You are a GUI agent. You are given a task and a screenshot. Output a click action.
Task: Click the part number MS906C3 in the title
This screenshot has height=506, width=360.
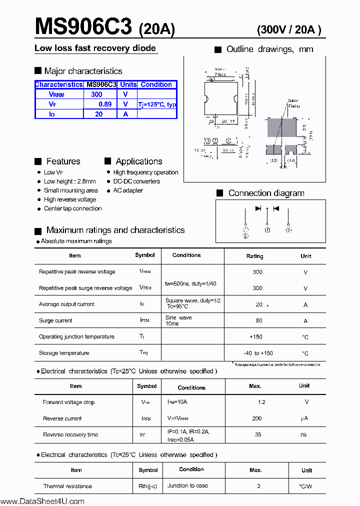tap(83, 26)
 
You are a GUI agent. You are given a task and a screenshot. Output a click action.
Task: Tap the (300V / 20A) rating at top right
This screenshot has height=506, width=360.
tap(289, 30)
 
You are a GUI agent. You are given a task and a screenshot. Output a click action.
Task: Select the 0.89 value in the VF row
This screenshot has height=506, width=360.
tap(105, 104)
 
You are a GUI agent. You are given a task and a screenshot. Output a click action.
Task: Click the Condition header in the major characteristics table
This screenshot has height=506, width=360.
tap(156, 84)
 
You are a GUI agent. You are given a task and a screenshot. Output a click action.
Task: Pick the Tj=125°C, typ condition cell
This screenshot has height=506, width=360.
tap(157, 104)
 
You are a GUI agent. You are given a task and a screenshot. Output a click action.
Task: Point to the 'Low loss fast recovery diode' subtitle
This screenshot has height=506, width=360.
tap(95, 48)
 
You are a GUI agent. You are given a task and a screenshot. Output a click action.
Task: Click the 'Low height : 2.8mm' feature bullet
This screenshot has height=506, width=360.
tap(69, 181)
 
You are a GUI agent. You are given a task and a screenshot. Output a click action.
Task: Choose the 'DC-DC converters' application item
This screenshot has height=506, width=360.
tap(136, 181)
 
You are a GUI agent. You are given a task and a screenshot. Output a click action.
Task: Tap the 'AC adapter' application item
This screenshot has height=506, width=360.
tap(128, 190)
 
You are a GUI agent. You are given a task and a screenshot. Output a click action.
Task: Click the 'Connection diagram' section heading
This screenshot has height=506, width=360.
tap(266, 193)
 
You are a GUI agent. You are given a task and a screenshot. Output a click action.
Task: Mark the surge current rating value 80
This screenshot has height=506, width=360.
tap(259, 320)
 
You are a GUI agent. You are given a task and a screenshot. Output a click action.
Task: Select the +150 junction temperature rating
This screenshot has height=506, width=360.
tap(256, 337)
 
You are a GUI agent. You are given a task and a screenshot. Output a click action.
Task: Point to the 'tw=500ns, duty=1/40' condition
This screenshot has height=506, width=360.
tap(190, 283)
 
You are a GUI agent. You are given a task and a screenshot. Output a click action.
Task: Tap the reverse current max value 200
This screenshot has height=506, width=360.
tap(257, 418)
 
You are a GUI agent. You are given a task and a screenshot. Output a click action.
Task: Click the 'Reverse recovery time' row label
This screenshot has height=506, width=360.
tap(70, 434)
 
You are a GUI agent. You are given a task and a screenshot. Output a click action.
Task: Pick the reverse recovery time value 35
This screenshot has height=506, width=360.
tap(258, 434)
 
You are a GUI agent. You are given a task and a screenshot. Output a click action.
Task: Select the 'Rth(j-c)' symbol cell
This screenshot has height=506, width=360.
tap(148, 486)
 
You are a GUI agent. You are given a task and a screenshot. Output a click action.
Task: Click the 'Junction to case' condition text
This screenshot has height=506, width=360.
tap(187, 485)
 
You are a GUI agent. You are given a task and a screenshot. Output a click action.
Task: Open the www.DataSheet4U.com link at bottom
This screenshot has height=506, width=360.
tap(42, 501)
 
